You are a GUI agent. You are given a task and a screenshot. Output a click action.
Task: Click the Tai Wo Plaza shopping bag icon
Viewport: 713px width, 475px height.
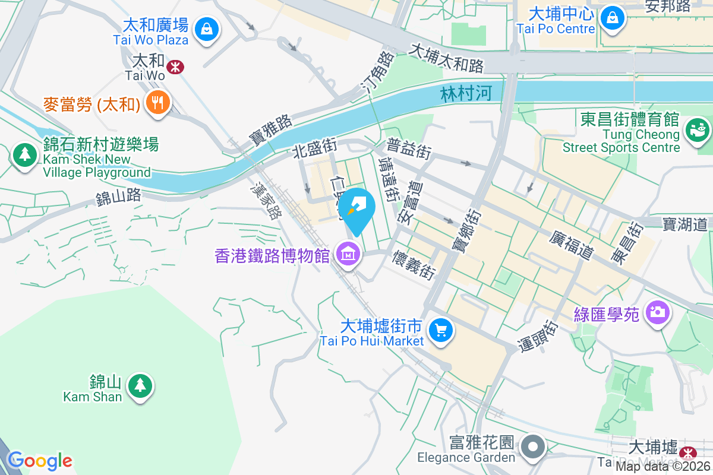click(x=206, y=27)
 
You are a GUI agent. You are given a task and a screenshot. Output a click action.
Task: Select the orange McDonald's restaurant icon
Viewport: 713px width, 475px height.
click(x=157, y=103)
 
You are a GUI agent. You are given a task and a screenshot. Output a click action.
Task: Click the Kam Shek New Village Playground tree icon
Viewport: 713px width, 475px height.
click(x=25, y=154)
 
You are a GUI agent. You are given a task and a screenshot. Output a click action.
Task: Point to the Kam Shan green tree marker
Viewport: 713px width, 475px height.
click(x=140, y=386)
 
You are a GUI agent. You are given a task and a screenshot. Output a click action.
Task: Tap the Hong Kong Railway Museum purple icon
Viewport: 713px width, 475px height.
click(x=348, y=254)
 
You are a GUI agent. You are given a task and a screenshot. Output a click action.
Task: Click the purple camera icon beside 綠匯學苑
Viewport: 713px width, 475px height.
click(x=657, y=311)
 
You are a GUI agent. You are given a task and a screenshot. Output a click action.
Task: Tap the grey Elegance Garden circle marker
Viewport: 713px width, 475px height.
click(x=533, y=447)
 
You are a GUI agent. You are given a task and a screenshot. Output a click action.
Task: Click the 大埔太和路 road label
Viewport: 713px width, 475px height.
click(x=447, y=58)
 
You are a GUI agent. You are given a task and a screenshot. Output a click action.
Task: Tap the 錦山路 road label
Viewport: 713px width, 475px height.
click(x=118, y=196)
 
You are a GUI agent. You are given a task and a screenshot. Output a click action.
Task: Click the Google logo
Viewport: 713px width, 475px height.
click(x=40, y=460)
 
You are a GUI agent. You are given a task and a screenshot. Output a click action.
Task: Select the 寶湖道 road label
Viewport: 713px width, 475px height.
click(x=684, y=224)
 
